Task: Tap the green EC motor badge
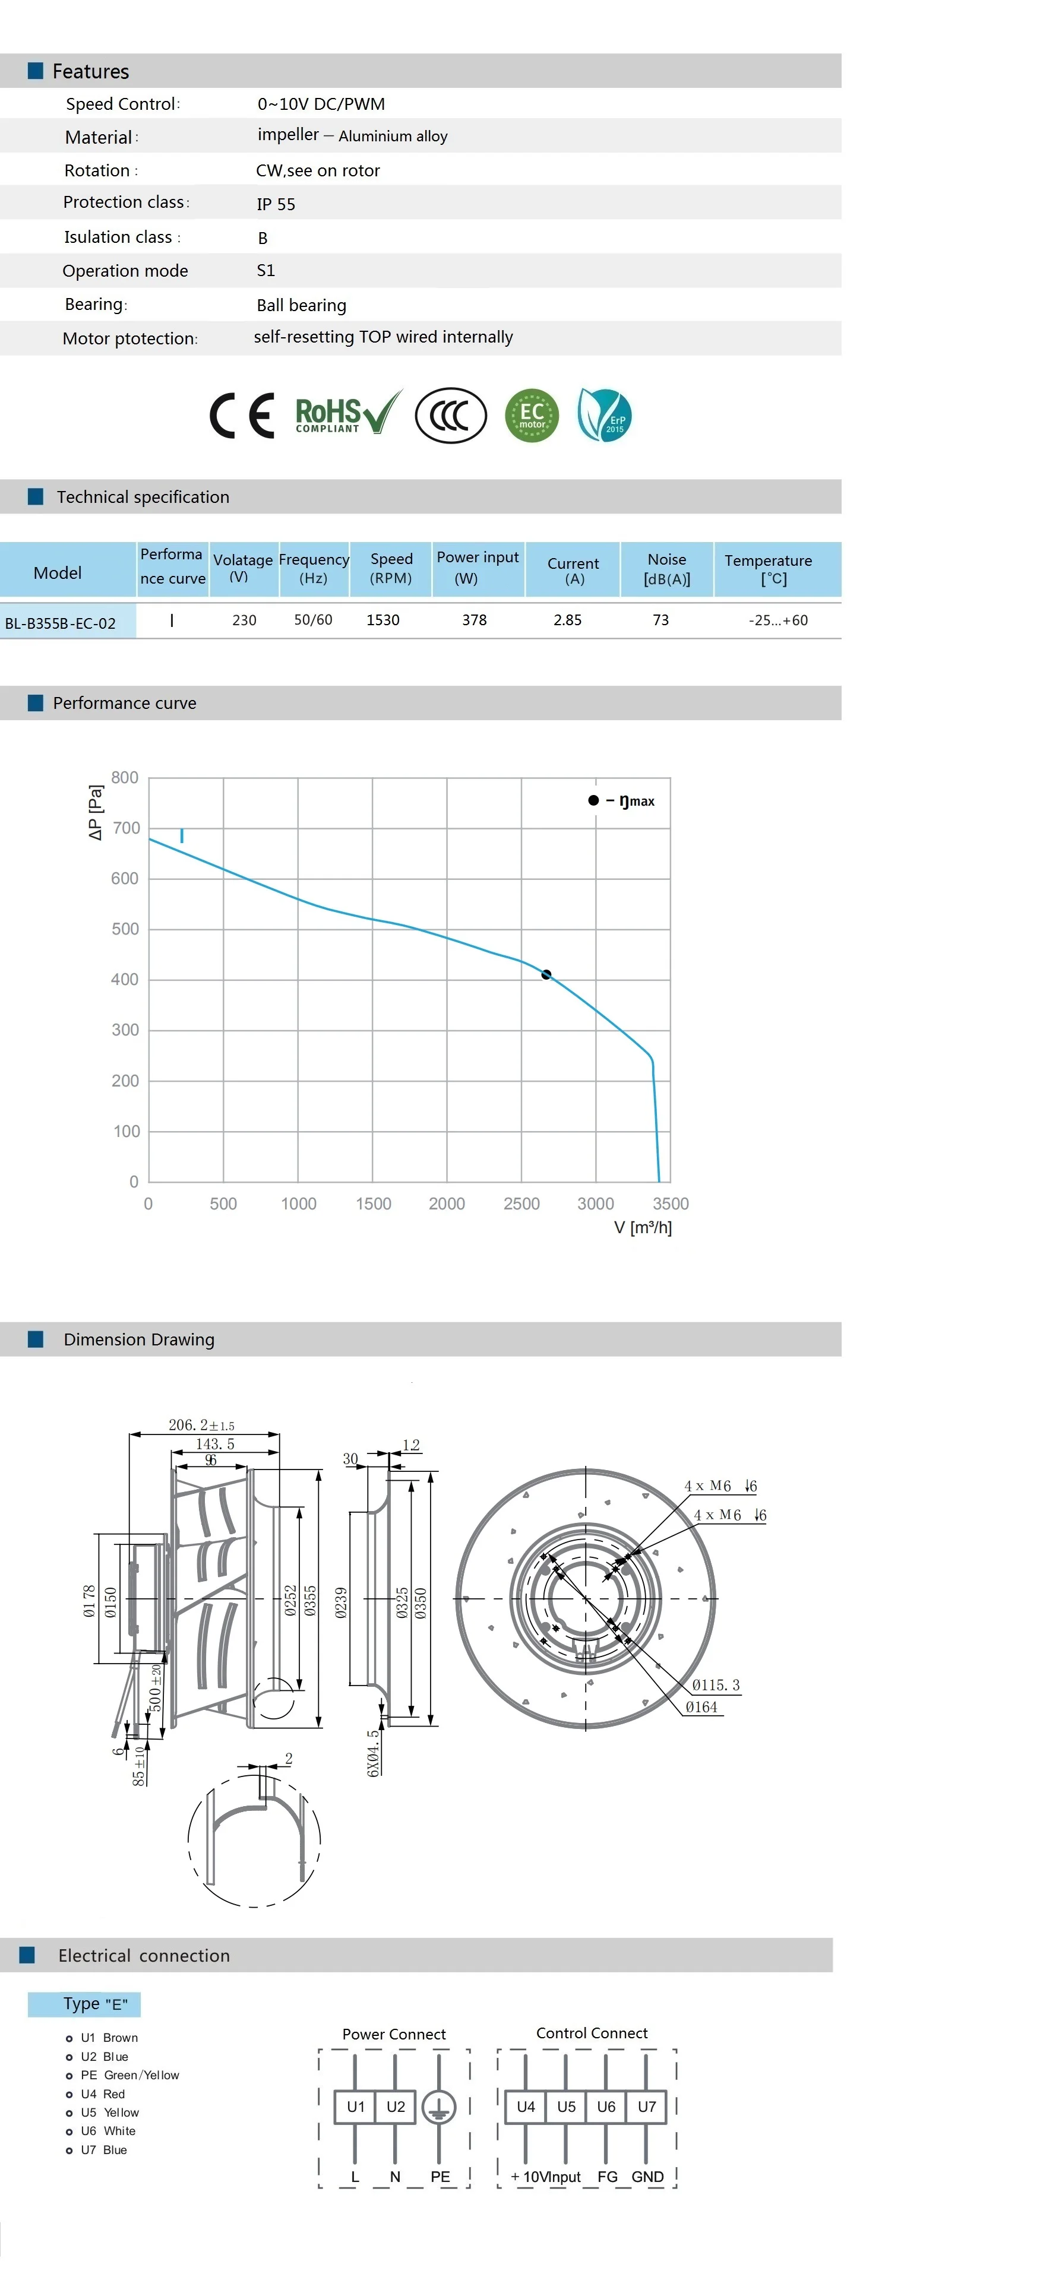point(532,416)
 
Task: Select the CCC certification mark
point(451,416)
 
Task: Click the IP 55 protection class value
point(276,204)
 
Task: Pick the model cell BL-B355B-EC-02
point(61,623)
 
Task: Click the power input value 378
point(475,619)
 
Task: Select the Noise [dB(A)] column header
point(667,569)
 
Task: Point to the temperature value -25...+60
point(778,619)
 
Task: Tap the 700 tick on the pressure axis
point(125,828)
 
